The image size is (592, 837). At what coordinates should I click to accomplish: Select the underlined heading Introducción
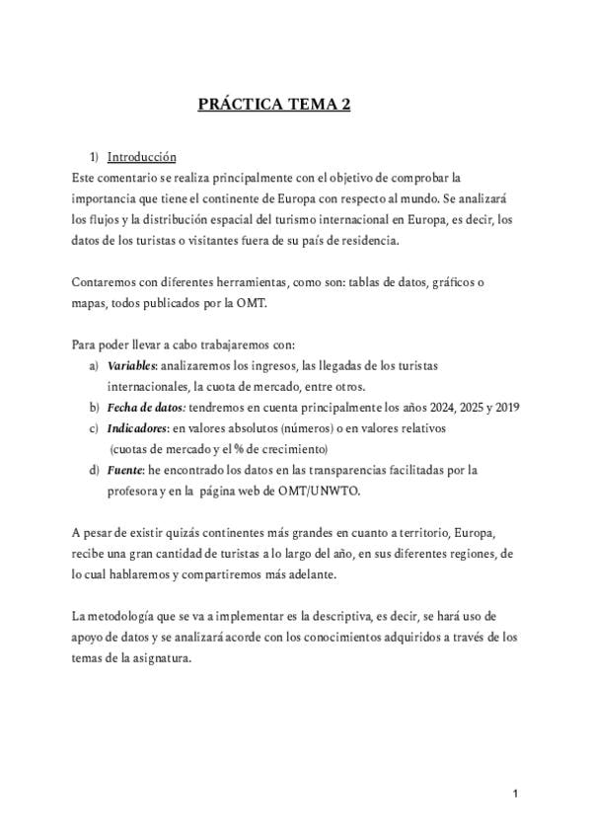pos(141,157)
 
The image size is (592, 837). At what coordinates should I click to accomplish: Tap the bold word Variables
pos(131,366)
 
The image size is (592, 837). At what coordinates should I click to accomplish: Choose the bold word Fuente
pos(125,470)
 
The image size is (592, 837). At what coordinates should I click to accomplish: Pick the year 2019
pos(508,408)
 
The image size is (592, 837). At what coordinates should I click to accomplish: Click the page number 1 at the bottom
pos(516,794)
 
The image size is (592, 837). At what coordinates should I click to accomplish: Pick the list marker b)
pos(95,408)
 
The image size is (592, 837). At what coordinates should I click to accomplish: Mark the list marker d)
pos(95,470)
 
